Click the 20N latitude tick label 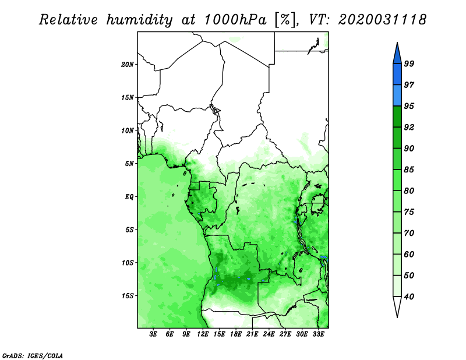[x=127, y=65]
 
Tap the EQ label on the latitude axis [x=129, y=197]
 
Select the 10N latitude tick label [x=127, y=130]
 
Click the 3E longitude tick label [x=153, y=334]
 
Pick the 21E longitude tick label [x=252, y=334]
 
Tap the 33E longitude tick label [x=318, y=334]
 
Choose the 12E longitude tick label [x=203, y=334]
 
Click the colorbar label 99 [x=409, y=63]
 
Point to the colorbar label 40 [x=409, y=297]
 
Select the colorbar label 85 [x=409, y=170]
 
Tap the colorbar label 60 [x=409, y=254]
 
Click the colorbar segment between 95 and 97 [x=397, y=96]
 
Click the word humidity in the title [x=139, y=20]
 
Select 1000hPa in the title [x=235, y=20]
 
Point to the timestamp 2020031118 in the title [x=383, y=19]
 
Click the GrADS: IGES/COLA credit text [x=33, y=355]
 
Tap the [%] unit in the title [x=285, y=20]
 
